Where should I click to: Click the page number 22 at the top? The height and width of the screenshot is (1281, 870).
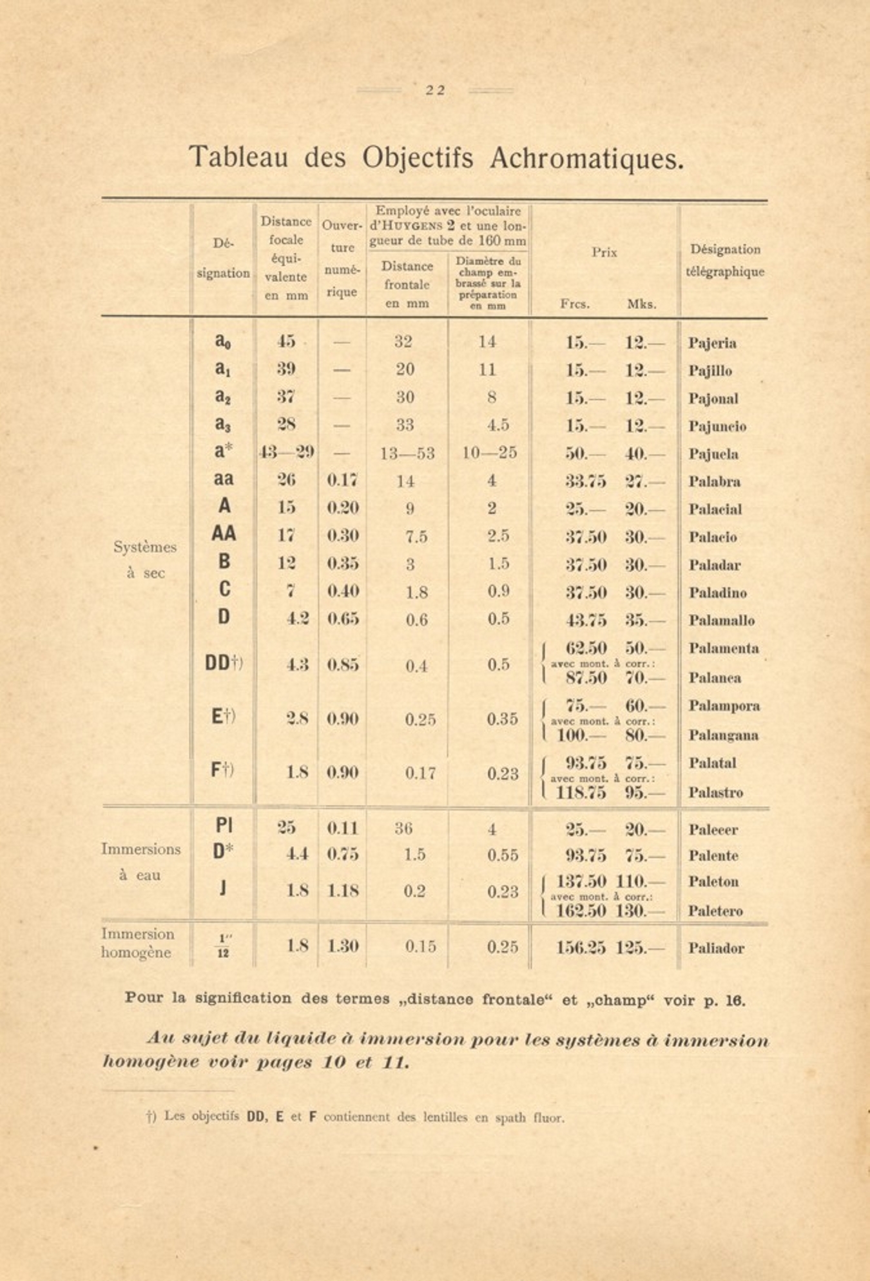click(x=435, y=90)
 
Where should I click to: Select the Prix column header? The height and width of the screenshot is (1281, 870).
click(x=604, y=252)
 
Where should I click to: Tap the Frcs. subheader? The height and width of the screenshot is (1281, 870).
click(x=575, y=304)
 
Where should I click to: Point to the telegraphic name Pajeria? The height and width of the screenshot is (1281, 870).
click(x=711, y=343)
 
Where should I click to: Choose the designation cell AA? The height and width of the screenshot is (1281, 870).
click(x=224, y=534)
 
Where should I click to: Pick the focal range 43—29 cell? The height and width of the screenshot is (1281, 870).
click(x=287, y=453)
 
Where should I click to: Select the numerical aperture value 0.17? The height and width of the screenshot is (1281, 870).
click(x=342, y=481)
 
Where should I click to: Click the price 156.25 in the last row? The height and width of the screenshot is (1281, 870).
click(x=581, y=948)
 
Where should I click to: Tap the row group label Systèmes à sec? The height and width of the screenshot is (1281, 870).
click(x=145, y=560)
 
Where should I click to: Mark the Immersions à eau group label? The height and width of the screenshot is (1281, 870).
click(x=140, y=862)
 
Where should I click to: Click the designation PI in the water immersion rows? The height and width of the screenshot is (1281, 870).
click(x=224, y=826)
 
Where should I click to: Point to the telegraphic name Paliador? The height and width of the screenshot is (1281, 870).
click(x=715, y=948)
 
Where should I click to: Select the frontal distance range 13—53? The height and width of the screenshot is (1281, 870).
click(x=407, y=453)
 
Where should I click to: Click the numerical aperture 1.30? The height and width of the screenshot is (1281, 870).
click(x=342, y=946)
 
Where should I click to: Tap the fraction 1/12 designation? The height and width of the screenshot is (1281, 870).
click(x=223, y=946)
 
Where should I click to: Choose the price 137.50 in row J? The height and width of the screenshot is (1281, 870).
click(x=579, y=881)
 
